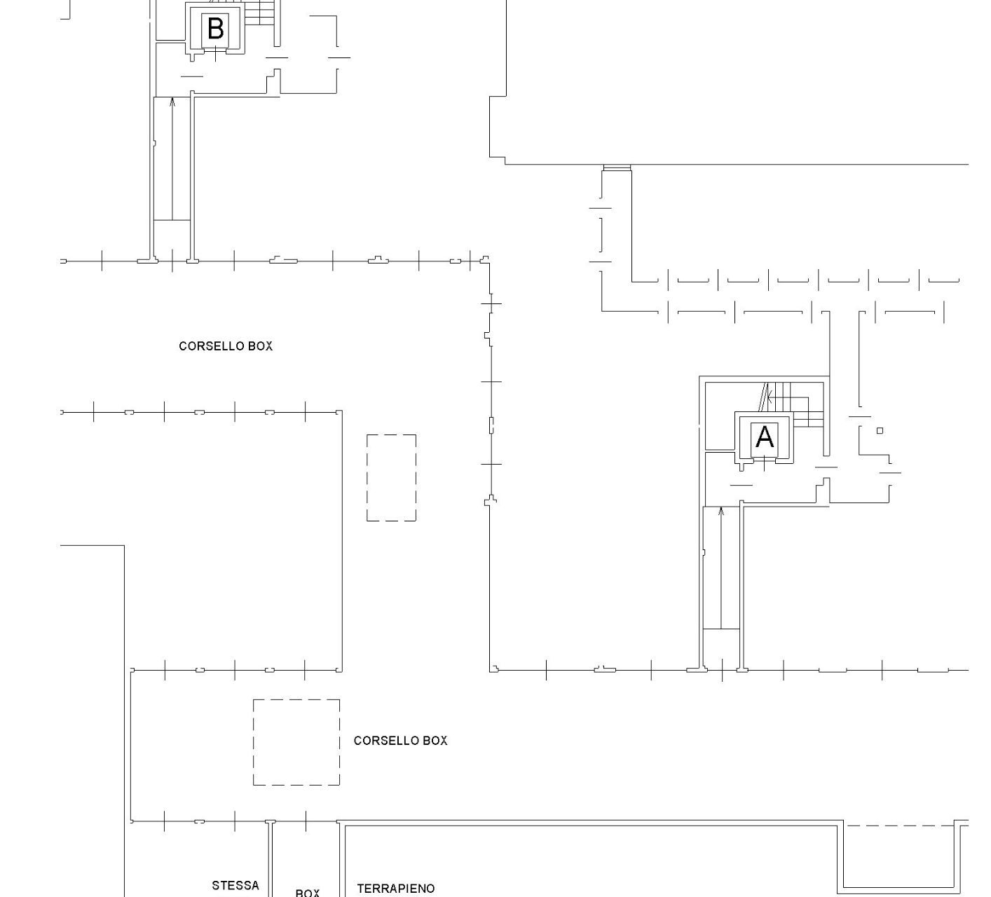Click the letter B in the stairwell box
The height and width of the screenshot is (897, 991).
(x=216, y=29)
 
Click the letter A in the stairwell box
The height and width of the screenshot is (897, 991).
(x=764, y=437)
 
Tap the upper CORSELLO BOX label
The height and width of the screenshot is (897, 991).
(x=226, y=346)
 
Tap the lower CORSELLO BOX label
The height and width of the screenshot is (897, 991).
(x=401, y=740)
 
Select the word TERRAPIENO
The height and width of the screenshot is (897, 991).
(x=396, y=889)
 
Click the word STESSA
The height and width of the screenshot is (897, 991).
(x=235, y=885)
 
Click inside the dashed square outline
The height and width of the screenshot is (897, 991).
(x=296, y=742)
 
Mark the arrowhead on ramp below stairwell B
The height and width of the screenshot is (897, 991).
(x=172, y=102)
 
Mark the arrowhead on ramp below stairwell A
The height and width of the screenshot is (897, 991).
(x=720, y=511)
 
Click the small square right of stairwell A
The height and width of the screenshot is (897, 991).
(x=880, y=430)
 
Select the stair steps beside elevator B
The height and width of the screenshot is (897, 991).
(x=259, y=13)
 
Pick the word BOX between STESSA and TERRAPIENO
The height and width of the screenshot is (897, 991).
(x=307, y=893)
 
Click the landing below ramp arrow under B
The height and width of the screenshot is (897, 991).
(x=172, y=239)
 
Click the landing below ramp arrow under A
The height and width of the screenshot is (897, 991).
(x=721, y=648)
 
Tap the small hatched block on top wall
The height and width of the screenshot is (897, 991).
(x=617, y=167)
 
